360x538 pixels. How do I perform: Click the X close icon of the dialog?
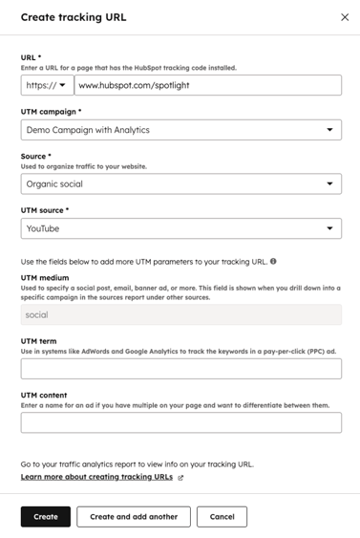(345, 17)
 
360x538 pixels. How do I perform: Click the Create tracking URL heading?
(74, 17)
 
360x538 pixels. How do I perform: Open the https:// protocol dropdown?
(47, 85)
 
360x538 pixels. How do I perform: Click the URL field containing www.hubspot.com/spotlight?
(207, 85)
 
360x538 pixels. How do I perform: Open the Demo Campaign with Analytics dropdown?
(180, 130)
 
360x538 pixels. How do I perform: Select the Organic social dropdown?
(180, 183)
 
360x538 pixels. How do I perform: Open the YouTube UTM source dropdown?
(180, 228)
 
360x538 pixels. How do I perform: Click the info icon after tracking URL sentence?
(273, 261)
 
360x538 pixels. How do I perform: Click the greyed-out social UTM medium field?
(180, 314)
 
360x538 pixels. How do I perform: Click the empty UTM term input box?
(180, 369)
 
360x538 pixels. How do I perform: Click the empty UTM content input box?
(180, 422)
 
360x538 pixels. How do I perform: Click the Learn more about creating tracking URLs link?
(96, 477)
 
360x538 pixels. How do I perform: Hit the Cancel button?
(222, 516)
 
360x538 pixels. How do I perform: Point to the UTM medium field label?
(45, 277)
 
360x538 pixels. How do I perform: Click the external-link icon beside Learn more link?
(180, 478)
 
